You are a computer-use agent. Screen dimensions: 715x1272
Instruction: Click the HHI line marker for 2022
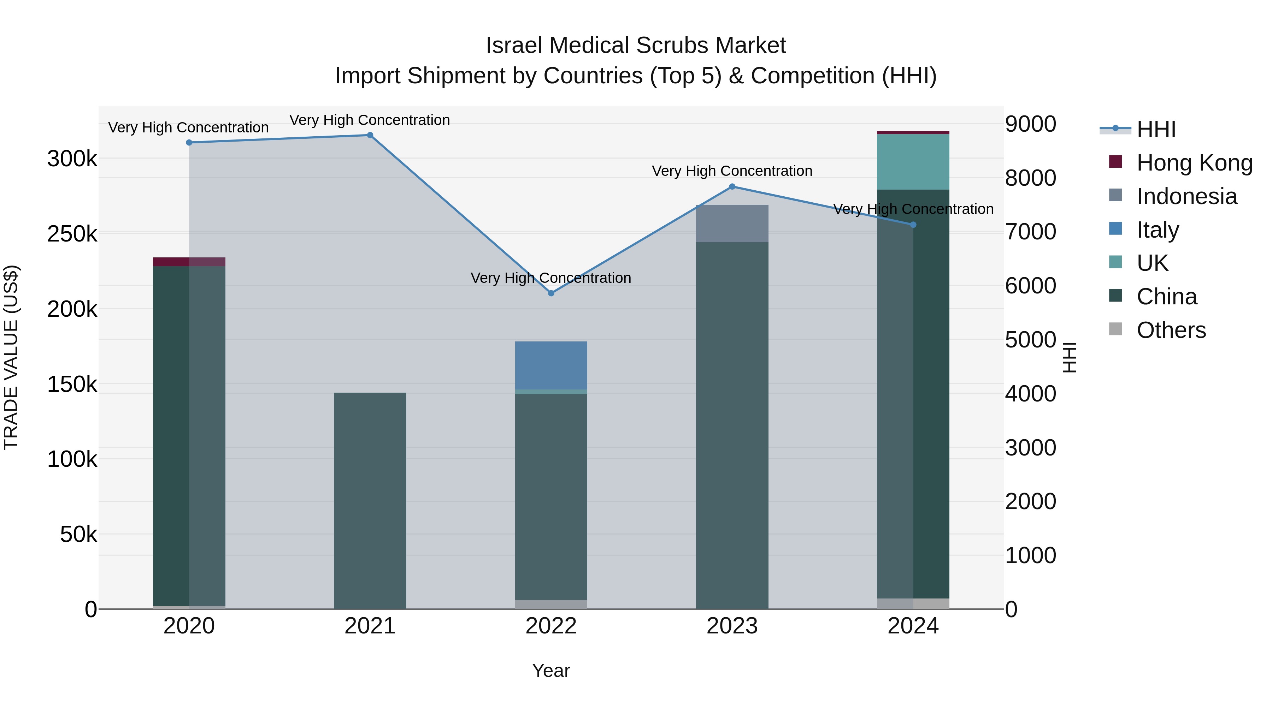551,293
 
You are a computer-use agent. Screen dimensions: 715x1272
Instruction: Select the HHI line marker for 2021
370,135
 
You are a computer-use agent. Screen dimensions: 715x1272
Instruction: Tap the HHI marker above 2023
732,186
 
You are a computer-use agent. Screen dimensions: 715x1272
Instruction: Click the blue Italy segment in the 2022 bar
551,365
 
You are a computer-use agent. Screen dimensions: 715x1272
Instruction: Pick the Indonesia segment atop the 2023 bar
732,224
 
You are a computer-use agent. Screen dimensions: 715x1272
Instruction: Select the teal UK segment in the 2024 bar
913,162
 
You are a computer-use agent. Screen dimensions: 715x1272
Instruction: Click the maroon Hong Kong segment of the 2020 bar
189,262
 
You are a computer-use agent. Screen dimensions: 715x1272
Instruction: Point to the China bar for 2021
370,501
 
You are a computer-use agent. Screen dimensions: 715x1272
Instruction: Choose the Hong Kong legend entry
1194,163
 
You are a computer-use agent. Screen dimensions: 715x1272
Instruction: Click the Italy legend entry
1158,230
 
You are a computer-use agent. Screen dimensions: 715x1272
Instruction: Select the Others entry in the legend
1171,330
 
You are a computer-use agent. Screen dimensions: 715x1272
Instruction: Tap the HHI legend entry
1155,129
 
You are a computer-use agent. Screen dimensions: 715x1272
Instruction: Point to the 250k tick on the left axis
72,234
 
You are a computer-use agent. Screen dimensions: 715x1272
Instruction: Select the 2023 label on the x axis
732,626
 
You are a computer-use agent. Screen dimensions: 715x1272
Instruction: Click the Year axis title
551,671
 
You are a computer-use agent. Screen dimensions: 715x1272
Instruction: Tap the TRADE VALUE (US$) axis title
11,357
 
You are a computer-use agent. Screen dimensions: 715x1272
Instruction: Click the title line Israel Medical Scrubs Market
636,46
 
